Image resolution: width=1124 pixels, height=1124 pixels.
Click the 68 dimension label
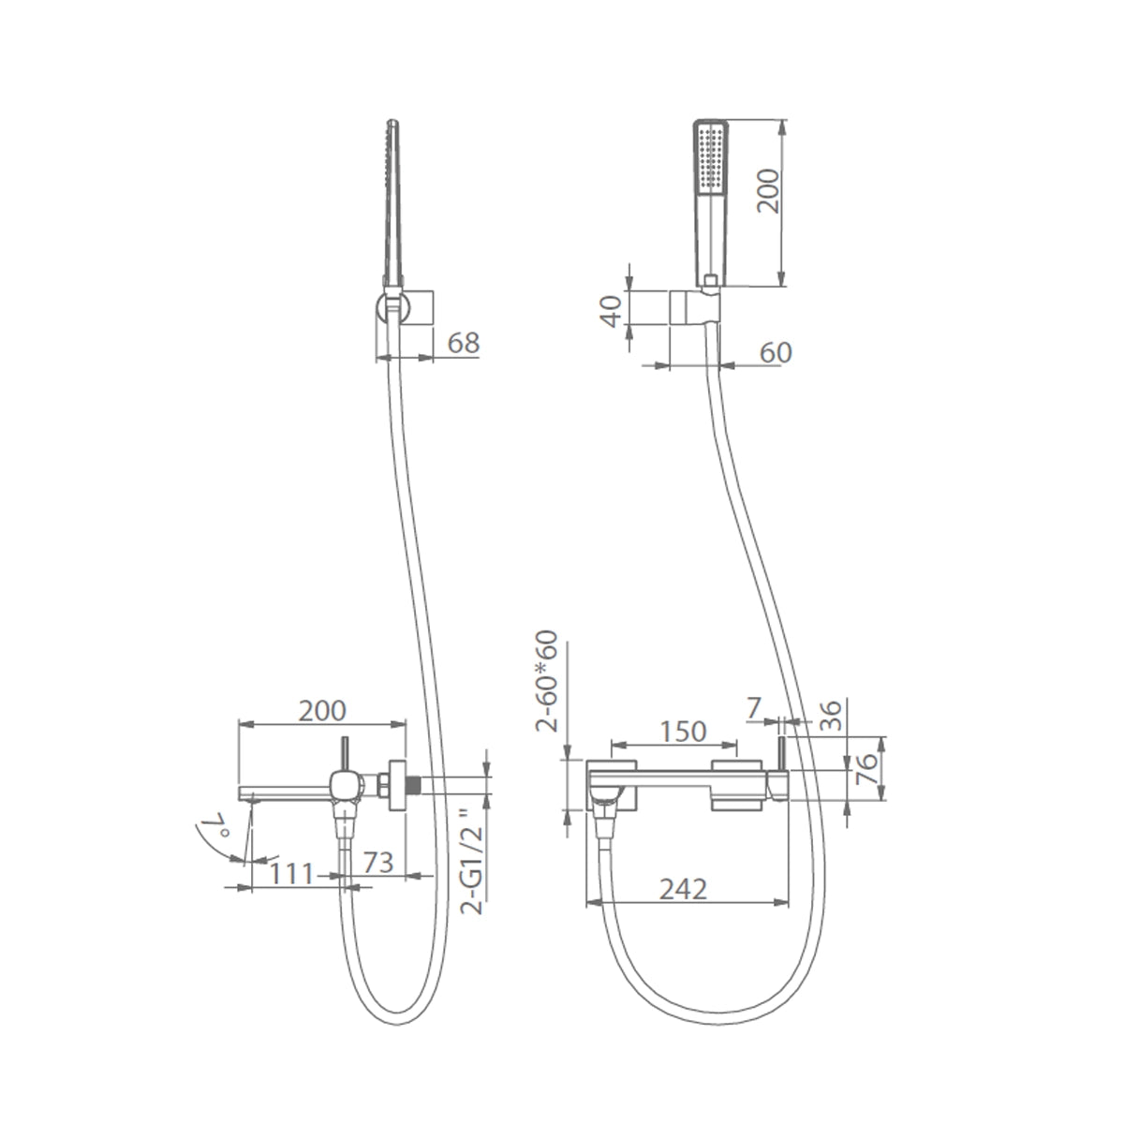[x=463, y=343]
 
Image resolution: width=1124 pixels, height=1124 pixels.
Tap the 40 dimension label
[x=612, y=311]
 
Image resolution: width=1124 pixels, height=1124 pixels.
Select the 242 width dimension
[x=683, y=889]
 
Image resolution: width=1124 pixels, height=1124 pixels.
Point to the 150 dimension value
[x=683, y=732]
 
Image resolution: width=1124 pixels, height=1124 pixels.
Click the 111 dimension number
[x=292, y=873]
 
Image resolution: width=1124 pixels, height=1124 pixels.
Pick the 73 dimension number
[x=378, y=863]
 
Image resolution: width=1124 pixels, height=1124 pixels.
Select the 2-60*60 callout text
[x=546, y=681]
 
